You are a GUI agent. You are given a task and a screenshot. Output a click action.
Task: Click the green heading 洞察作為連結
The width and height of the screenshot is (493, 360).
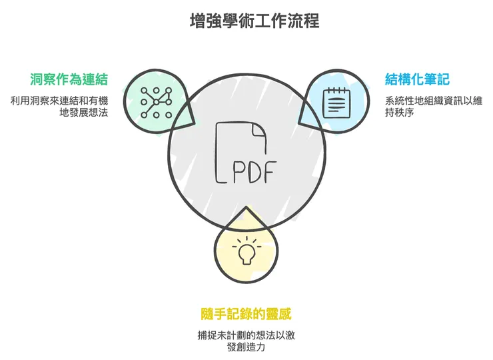coord(69,80)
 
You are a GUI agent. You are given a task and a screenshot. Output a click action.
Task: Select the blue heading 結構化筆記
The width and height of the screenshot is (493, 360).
coord(417,80)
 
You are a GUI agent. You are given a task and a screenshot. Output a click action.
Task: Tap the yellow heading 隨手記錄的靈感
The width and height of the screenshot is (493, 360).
coord(246,313)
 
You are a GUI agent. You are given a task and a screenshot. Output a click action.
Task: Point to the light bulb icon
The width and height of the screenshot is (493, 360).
coord(245,253)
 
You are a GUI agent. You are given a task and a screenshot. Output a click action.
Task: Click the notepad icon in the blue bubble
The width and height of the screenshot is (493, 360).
coord(336,102)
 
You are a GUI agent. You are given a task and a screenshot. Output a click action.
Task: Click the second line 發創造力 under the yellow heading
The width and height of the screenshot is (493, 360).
coord(246,347)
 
